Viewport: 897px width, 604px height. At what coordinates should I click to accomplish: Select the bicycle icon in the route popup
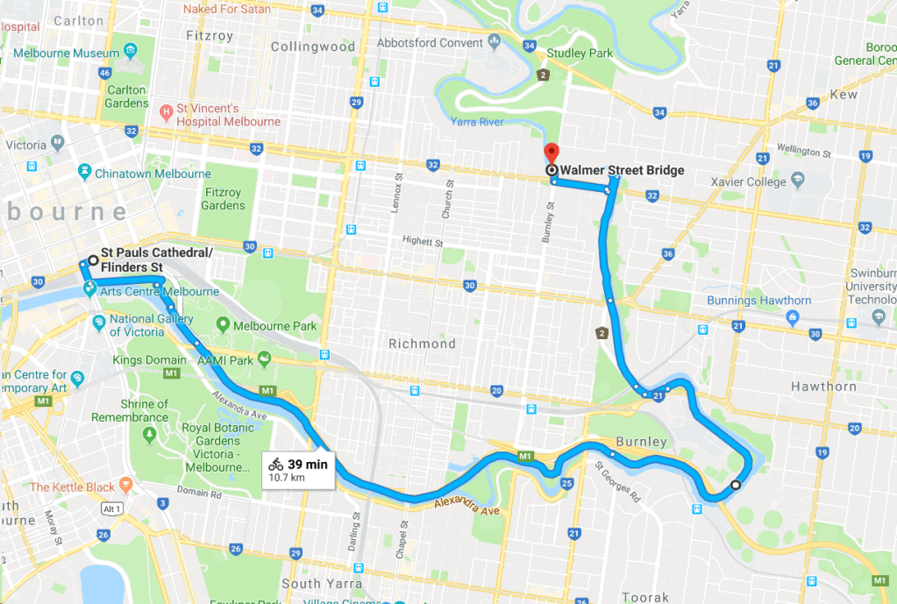coord(276,465)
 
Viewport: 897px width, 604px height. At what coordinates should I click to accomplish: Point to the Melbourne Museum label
coord(60,53)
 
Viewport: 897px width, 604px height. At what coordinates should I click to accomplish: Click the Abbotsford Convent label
coord(431,42)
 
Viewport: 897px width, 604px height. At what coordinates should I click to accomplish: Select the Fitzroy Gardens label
coord(223,199)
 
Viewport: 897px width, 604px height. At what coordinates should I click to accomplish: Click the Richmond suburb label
coord(422,344)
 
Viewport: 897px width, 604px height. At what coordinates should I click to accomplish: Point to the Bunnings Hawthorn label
coord(759,301)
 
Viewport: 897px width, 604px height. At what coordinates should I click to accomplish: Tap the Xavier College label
coord(748,181)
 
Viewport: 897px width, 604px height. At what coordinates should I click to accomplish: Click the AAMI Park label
coord(225,360)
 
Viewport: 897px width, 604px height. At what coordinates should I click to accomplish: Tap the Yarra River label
coord(479,122)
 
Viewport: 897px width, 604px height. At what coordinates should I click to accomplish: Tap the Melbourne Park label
coord(267,326)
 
